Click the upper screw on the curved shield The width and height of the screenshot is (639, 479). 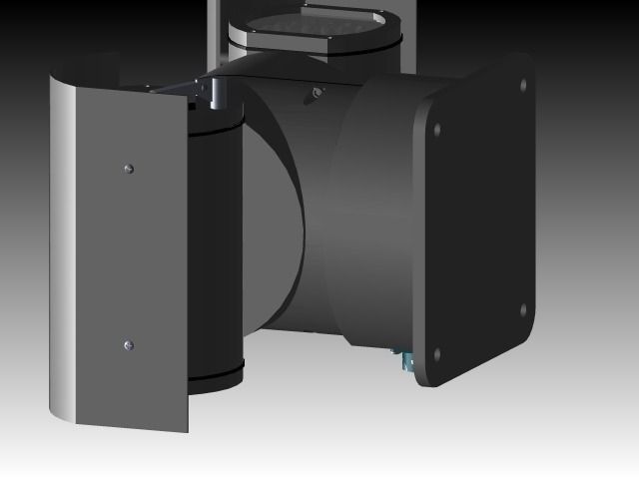[x=127, y=168]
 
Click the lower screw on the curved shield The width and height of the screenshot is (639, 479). [x=127, y=345]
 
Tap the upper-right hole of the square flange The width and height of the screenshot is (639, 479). [x=524, y=86]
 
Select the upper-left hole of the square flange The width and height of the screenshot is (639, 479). [x=436, y=129]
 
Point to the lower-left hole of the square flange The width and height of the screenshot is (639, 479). [x=436, y=353]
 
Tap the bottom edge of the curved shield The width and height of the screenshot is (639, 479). [x=120, y=424]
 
